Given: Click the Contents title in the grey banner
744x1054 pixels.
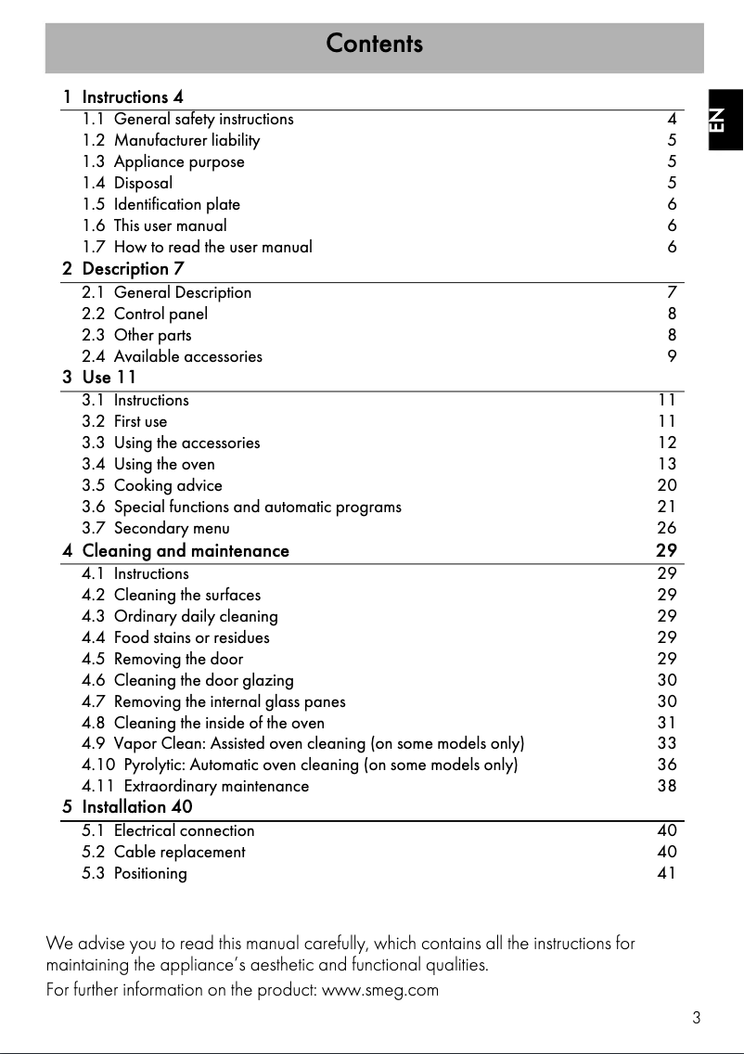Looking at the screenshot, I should tap(374, 44).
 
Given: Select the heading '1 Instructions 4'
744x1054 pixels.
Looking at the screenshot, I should tap(123, 96).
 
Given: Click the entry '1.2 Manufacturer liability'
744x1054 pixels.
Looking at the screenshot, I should tap(171, 140).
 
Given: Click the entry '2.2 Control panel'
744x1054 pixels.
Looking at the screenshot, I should tap(145, 314).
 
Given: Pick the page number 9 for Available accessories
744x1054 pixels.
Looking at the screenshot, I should tap(672, 356).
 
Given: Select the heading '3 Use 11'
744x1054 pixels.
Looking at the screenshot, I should tap(99, 378).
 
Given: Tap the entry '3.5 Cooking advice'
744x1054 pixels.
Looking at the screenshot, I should tap(152, 485).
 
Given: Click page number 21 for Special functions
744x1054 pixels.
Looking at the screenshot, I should tap(667, 507).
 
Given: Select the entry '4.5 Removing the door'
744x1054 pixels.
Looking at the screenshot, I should tap(162, 659).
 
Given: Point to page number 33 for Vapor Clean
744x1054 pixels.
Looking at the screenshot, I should tap(667, 743).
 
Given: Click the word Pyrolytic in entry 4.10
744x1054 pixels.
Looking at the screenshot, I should tap(154, 765).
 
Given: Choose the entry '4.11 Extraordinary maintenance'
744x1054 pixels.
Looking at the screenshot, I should tap(196, 786).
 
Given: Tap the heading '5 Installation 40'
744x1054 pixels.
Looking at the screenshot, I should tap(128, 807).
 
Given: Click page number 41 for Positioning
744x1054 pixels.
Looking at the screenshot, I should tap(667, 873).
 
